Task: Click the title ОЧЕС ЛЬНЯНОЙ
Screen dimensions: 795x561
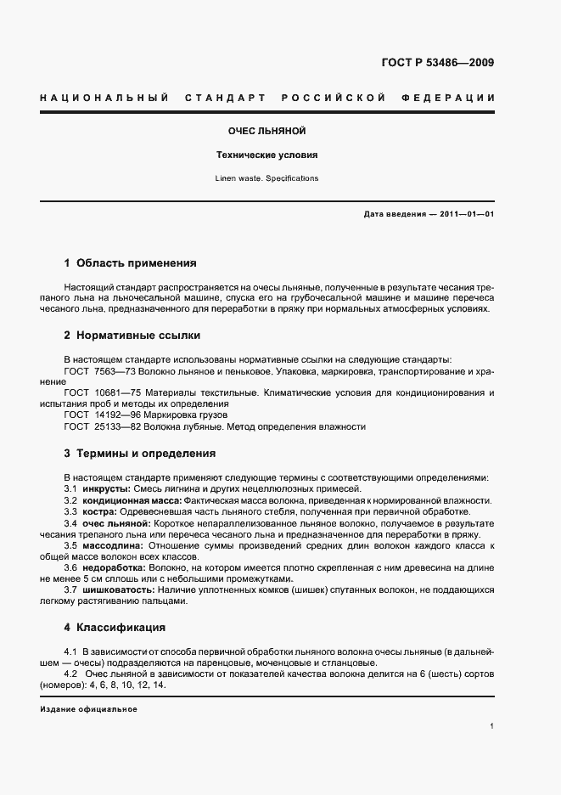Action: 267,132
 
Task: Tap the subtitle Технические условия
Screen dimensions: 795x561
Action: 267,155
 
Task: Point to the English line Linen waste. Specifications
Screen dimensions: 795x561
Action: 267,178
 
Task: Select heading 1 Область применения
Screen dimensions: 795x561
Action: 131,263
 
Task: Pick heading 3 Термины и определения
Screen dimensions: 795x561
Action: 140,454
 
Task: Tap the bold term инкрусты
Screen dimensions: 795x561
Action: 105,489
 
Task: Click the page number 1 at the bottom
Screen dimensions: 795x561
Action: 492,726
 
